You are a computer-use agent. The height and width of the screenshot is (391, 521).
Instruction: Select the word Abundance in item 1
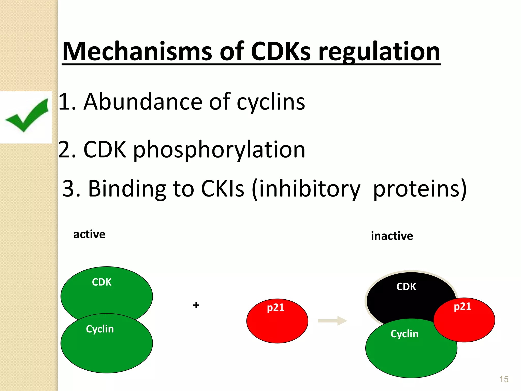(x=143, y=102)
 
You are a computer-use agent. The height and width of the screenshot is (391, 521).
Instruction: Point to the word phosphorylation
(x=219, y=150)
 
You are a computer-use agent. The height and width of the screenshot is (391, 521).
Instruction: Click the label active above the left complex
(x=89, y=234)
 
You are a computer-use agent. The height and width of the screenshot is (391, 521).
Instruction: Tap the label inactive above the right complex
(x=392, y=236)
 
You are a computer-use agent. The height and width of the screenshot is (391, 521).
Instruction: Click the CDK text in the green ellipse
(x=102, y=282)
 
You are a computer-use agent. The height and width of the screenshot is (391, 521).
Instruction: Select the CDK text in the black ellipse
(x=406, y=287)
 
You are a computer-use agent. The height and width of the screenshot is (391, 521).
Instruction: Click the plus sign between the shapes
(x=196, y=305)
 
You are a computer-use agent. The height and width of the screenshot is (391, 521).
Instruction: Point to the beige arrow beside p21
(x=332, y=321)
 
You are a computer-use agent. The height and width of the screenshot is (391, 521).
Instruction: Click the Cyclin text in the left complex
(x=100, y=329)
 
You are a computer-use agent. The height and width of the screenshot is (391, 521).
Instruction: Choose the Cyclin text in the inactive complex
(x=404, y=334)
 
